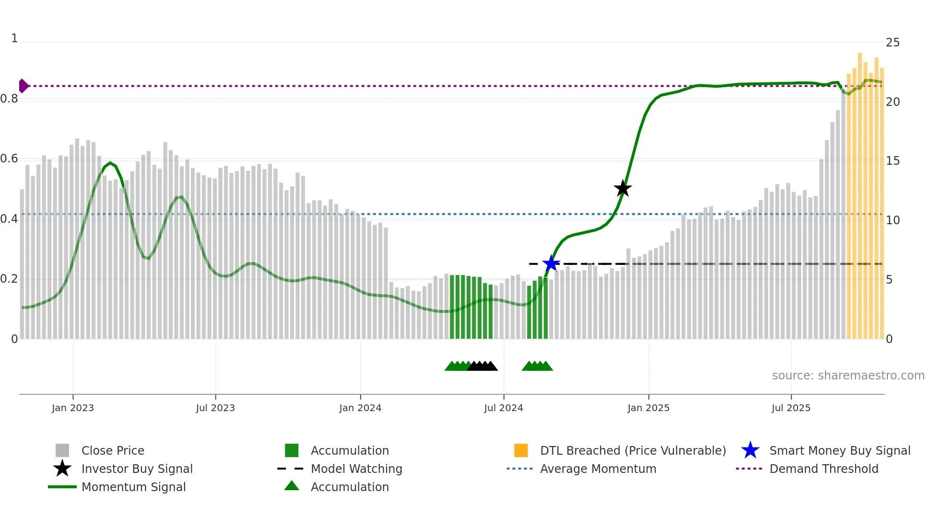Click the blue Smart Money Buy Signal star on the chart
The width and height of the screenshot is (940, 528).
[x=551, y=264]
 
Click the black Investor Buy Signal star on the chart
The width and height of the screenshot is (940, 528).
[x=623, y=188]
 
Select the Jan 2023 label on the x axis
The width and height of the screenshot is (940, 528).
[x=73, y=408]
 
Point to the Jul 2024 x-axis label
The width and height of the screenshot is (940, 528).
[x=504, y=408]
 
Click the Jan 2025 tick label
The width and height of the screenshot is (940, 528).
[x=648, y=408]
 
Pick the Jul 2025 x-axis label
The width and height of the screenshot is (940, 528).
[x=791, y=408]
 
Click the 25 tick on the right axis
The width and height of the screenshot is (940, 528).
[x=893, y=43]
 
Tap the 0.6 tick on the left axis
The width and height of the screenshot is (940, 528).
[x=9, y=159]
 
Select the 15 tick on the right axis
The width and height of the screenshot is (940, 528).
[x=893, y=161]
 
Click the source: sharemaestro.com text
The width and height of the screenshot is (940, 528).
[x=848, y=376]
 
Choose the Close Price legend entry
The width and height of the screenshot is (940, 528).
[x=113, y=450]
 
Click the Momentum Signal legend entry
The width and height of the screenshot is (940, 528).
[x=133, y=487]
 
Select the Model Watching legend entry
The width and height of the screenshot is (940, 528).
[x=356, y=469]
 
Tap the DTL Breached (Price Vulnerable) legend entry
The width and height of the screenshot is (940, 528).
[x=633, y=450]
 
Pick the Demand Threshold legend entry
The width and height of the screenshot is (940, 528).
[x=823, y=469]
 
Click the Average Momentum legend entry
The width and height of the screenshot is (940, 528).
[x=598, y=469]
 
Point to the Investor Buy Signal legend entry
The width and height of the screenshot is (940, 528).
[x=137, y=469]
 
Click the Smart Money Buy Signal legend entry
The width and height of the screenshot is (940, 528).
[x=840, y=450]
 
